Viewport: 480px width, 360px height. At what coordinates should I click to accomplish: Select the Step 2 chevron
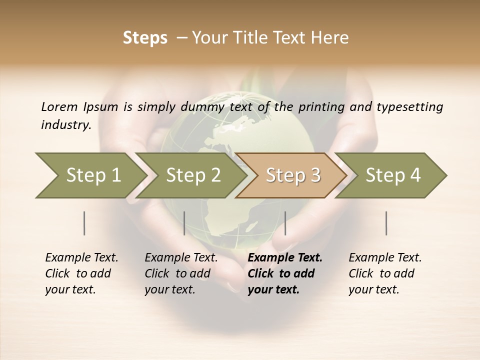tap(193, 175)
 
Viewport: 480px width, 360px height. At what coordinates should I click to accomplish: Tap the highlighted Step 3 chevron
tap(292, 175)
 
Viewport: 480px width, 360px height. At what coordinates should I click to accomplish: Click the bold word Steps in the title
tap(145, 38)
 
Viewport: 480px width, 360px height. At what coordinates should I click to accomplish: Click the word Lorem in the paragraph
tap(59, 106)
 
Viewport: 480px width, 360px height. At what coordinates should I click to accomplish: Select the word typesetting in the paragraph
tap(409, 106)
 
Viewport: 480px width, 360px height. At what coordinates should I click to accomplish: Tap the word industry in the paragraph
tap(66, 124)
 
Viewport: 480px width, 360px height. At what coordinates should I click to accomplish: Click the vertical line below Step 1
tap(84, 223)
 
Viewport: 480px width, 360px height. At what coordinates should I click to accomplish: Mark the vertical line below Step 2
tap(184, 223)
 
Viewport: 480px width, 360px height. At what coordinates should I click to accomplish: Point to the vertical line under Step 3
tap(285, 223)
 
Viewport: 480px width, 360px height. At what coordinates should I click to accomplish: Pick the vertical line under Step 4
tap(386, 223)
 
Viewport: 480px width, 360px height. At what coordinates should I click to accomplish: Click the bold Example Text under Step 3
tap(285, 257)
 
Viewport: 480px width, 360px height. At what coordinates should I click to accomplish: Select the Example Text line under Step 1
tap(81, 257)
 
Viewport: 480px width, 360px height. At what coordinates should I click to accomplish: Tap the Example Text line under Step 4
tap(385, 257)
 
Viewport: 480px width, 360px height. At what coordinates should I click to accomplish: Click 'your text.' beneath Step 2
tap(170, 289)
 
